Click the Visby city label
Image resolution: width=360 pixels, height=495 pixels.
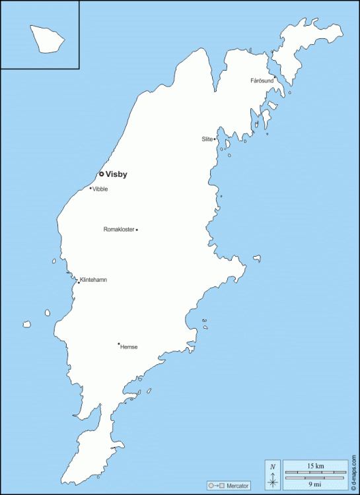[116, 175]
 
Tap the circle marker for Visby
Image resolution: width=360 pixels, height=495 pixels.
[101, 174]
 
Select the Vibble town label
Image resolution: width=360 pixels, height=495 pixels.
[100, 189]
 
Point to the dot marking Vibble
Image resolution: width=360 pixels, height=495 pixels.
[90, 188]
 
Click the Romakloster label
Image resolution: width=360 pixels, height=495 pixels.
[119, 230]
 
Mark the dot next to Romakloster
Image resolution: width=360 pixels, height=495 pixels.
[137, 230]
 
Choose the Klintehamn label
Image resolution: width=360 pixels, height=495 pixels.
[94, 280]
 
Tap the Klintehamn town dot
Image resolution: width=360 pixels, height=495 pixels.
[79, 282]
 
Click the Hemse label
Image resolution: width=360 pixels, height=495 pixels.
[129, 347]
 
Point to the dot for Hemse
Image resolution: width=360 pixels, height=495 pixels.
[119, 344]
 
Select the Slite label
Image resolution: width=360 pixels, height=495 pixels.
[207, 139]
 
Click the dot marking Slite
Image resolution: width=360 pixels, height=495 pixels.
[215, 139]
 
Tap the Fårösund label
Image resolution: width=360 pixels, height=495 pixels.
[262, 81]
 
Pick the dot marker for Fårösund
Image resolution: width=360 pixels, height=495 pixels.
[275, 78]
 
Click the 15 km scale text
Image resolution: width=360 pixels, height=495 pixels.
[315, 466]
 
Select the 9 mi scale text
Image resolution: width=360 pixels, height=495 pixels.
[315, 483]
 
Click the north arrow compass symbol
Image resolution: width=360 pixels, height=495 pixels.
[273, 475]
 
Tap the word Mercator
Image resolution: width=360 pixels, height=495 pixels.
[238, 486]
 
